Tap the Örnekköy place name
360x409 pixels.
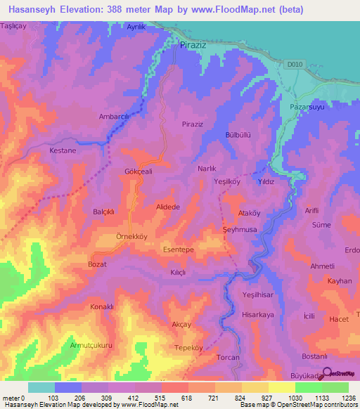pos(111,236)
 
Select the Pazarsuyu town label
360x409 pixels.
pos(305,108)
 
